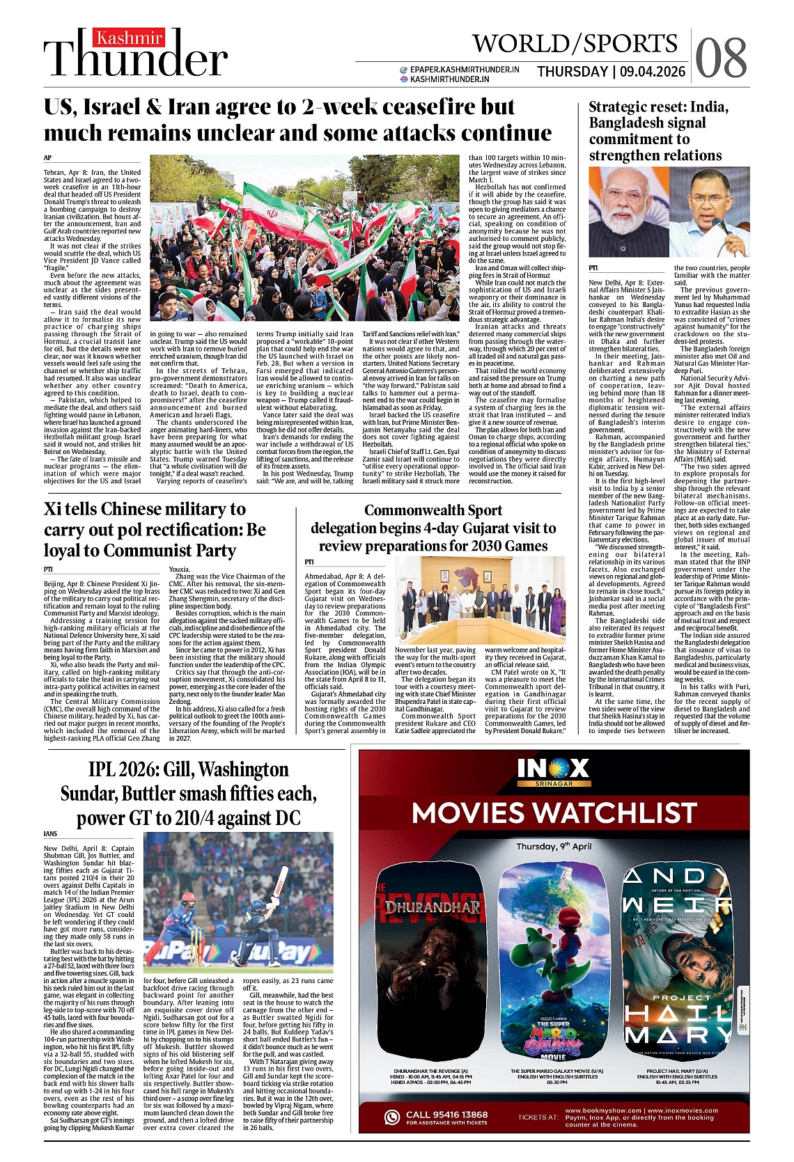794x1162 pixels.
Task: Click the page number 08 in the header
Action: point(721,58)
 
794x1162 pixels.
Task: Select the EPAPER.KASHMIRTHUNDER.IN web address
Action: point(465,70)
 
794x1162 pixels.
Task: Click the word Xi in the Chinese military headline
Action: point(52,510)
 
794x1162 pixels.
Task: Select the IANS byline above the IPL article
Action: point(50,833)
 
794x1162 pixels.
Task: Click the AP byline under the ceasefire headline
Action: point(47,158)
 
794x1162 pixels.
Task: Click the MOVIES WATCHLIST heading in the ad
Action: point(554,812)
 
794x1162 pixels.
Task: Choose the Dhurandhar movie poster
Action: point(431,964)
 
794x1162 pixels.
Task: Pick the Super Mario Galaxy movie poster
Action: point(555,964)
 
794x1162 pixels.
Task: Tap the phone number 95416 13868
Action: point(461,1115)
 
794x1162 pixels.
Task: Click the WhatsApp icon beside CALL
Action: point(393,1117)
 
